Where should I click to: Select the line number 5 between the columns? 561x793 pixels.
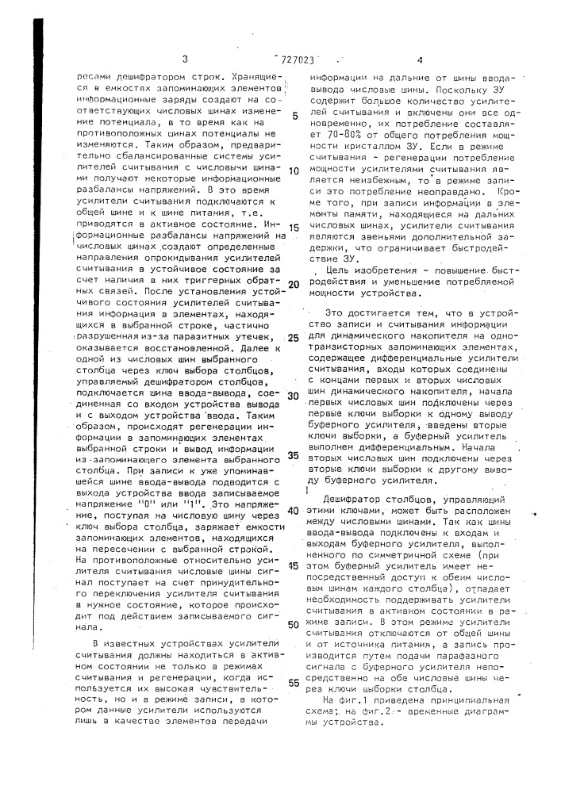click(294, 115)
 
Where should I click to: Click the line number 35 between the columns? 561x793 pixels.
click(294, 456)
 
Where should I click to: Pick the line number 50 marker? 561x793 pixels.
click(293, 624)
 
